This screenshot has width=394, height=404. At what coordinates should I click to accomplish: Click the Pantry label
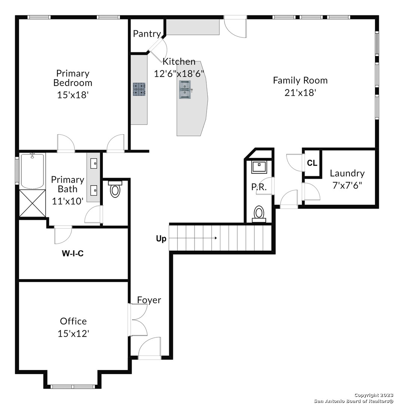coord(147,34)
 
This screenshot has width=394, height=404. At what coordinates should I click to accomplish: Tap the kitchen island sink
coord(185,89)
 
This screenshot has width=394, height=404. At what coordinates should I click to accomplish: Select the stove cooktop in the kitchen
coord(139,89)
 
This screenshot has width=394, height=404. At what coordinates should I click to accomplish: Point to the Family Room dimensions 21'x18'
coord(300,92)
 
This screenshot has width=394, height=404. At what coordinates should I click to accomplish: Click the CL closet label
coord(312,163)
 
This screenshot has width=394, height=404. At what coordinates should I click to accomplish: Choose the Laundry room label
coord(347,174)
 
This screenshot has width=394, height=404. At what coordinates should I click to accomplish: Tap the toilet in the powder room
coord(259,214)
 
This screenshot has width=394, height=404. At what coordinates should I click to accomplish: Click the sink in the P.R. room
coord(259,167)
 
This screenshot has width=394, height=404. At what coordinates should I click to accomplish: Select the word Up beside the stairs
coord(161,239)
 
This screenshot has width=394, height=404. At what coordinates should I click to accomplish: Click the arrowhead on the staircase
coord(215,238)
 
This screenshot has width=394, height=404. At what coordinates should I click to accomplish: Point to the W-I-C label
coord(73,254)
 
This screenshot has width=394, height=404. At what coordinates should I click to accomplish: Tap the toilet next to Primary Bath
coord(115,189)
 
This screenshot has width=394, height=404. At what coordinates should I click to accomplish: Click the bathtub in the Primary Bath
coord(32,171)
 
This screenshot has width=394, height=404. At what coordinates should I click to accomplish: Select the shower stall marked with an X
coord(33,203)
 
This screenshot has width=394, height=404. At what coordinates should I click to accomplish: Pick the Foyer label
coord(149,300)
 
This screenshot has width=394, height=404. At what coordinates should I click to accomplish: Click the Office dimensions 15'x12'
coord(73,334)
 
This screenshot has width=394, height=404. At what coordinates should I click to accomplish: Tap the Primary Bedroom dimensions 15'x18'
coord(73,95)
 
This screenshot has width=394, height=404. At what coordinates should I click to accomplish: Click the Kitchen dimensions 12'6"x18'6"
coord(179,74)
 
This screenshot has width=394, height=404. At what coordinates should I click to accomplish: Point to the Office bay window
coord(72,386)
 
